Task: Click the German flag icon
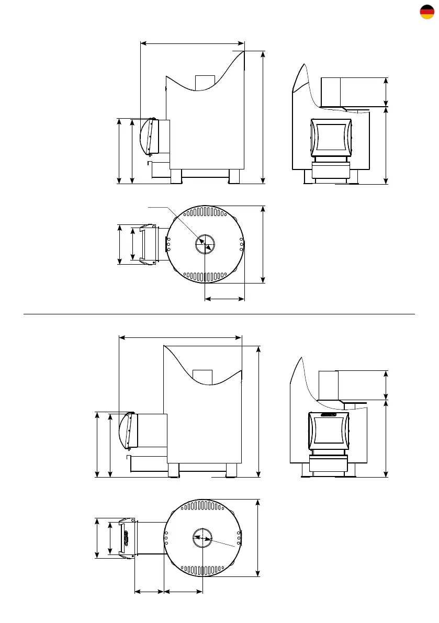(x=427, y=12)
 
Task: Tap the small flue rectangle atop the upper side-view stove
(x=205, y=82)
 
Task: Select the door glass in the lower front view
(x=328, y=432)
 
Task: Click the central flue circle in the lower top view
(x=202, y=537)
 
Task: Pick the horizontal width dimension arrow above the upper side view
(x=193, y=43)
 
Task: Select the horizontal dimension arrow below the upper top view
(x=224, y=299)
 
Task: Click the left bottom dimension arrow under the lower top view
(x=150, y=592)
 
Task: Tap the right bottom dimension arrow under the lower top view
(x=183, y=592)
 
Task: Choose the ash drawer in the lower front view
(x=328, y=464)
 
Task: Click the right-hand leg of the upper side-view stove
(x=234, y=176)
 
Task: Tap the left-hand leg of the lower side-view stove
(x=173, y=470)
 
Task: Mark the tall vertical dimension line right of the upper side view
(x=263, y=117)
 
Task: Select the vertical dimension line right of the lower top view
(x=258, y=538)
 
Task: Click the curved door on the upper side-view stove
(x=147, y=137)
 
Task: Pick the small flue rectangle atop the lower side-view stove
(x=202, y=377)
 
